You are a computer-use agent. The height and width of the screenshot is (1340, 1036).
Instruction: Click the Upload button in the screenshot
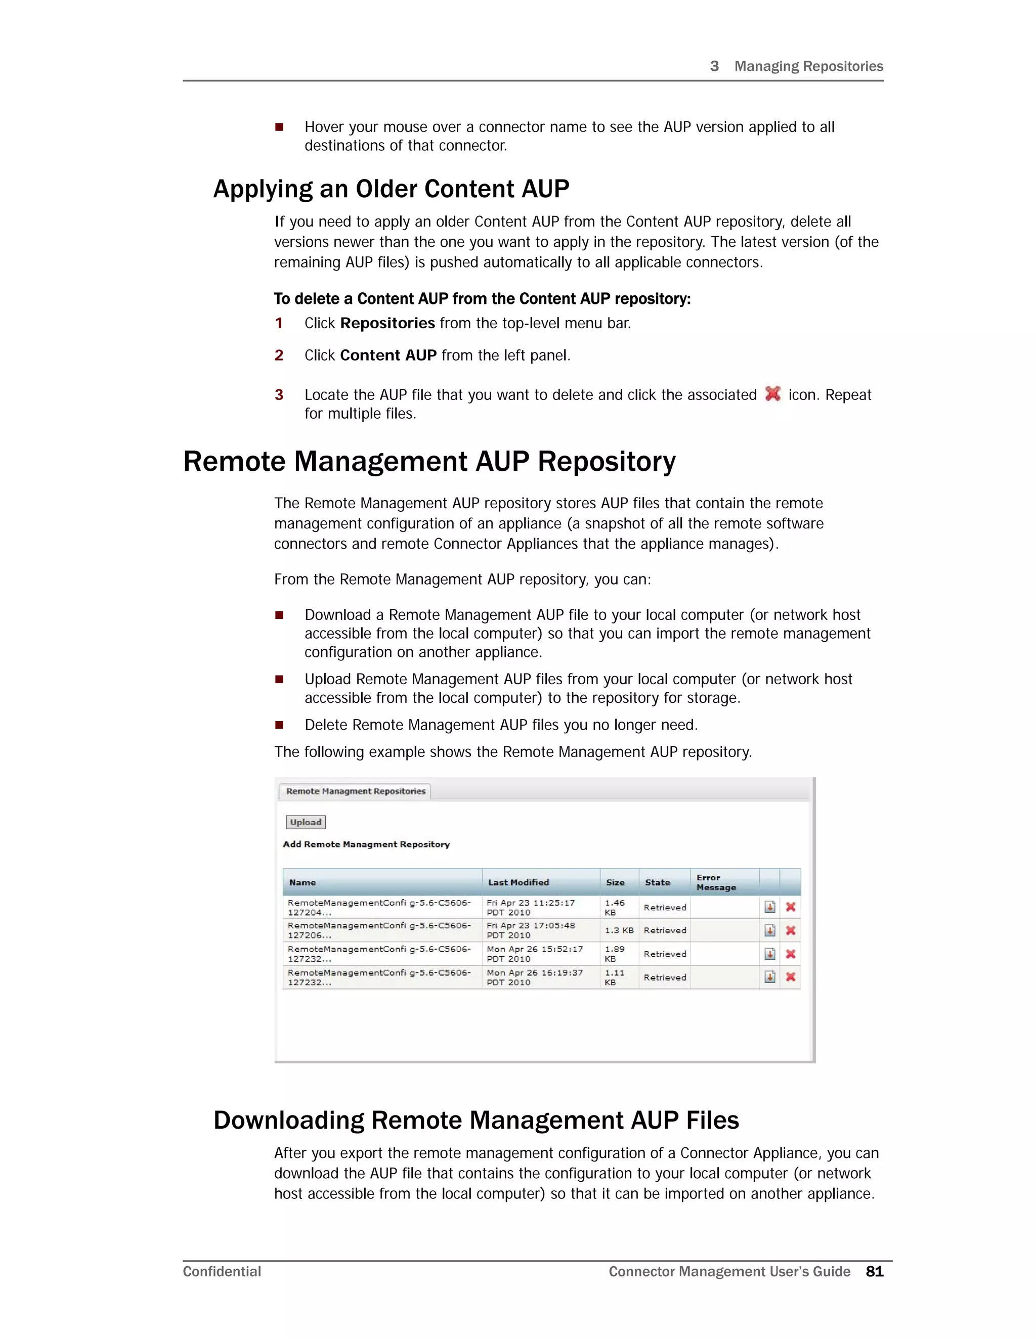click(305, 822)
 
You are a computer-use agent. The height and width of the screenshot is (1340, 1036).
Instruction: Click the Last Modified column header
click(518, 882)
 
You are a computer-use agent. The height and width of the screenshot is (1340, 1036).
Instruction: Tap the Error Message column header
click(716, 882)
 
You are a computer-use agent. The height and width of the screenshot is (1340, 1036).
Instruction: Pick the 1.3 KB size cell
click(619, 930)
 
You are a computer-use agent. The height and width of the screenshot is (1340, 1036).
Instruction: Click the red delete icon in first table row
click(791, 907)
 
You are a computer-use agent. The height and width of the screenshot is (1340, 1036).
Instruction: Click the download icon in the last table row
click(769, 977)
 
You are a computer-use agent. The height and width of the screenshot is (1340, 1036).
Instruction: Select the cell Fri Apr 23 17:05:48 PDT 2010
click(530, 930)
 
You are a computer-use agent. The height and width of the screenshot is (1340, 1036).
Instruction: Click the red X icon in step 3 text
click(773, 393)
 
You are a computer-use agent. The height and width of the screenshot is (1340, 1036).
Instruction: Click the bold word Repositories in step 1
click(387, 323)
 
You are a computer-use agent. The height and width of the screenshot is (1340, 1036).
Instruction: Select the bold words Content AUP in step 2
click(388, 355)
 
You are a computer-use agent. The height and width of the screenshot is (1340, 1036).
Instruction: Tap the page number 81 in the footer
click(874, 1271)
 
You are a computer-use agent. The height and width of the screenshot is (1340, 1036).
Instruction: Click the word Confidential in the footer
click(222, 1271)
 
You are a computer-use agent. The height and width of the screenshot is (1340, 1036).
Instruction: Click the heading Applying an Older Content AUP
click(391, 189)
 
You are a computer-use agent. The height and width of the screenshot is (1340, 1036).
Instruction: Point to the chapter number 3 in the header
click(714, 66)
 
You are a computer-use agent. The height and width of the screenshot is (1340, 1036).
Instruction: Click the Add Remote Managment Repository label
click(366, 844)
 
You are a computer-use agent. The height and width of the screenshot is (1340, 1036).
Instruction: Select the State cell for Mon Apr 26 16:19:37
click(665, 977)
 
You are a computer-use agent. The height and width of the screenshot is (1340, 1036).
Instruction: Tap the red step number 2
click(279, 355)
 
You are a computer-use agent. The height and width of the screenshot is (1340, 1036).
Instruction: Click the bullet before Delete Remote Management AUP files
click(279, 725)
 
